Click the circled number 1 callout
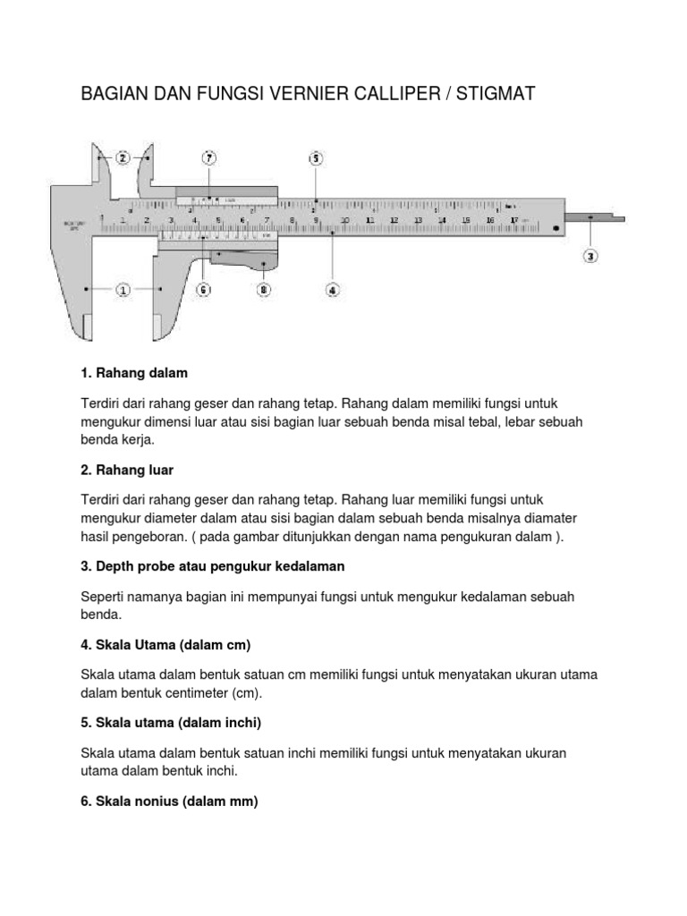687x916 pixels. coord(123,290)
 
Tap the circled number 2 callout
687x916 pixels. coord(123,157)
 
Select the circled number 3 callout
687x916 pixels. coord(590,257)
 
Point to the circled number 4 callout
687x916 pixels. coord(332,290)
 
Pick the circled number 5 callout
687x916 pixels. coord(315,158)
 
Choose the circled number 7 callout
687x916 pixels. coord(209,158)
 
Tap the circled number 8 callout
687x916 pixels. coord(263,290)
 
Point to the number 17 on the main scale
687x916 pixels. coord(513,219)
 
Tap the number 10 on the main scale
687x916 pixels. coord(344,219)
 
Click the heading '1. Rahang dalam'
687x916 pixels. coord(134,371)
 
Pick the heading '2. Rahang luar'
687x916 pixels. coord(127,469)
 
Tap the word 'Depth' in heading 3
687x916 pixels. coord(114,567)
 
